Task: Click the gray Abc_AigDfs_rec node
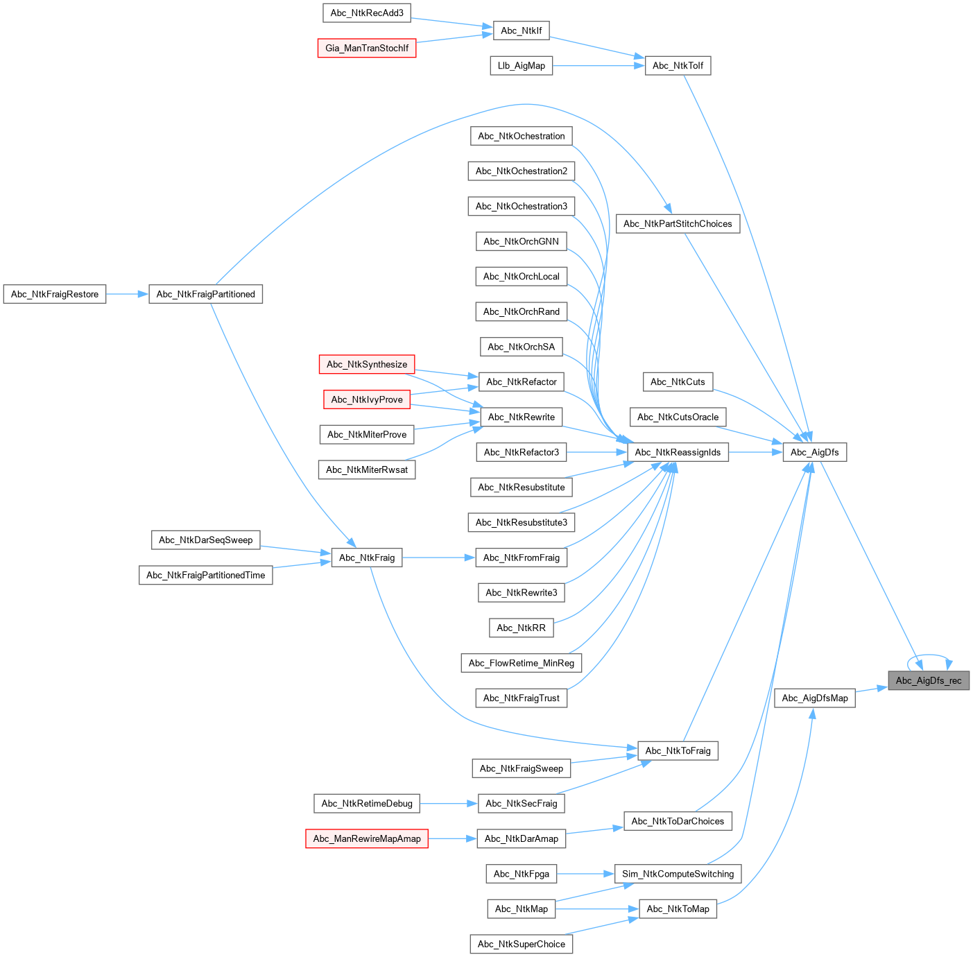pyautogui.click(x=929, y=680)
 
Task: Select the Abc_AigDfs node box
pyautogui.click(x=814, y=452)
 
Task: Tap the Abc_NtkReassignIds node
pyautogui.click(x=678, y=452)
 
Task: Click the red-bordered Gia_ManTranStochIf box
pyautogui.click(x=367, y=48)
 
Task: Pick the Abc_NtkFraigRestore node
pyautogui.click(x=55, y=294)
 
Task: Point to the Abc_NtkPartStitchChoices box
pyautogui.click(x=678, y=223)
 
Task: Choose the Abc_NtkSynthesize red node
pyautogui.click(x=367, y=364)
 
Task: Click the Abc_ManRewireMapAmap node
pyautogui.click(x=367, y=838)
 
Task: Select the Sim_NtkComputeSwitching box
pyautogui.click(x=678, y=874)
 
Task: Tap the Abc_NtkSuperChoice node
pyautogui.click(x=522, y=944)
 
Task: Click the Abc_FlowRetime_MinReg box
pyautogui.click(x=522, y=663)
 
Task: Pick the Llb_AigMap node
pyautogui.click(x=522, y=66)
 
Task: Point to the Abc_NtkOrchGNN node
pyautogui.click(x=522, y=241)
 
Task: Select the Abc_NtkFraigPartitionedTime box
pyautogui.click(x=206, y=575)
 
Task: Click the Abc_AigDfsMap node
pyautogui.click(x=814, y=698)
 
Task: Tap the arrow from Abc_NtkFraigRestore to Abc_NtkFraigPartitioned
pyautogui.click(x=128, y=294)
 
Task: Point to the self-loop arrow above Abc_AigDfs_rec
pyautogui.click(x=931, y=654)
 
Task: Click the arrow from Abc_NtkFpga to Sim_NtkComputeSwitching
pyautogui.click(x=585, y=874)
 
